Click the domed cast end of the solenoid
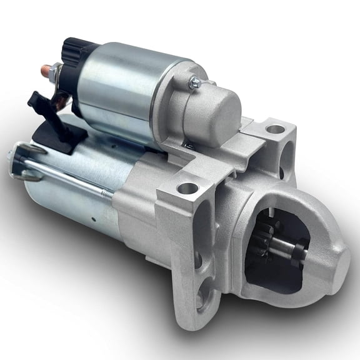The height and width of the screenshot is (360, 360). point(216,109)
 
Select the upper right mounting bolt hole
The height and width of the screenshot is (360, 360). point(275,130)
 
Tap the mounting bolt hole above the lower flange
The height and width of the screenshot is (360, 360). point(186,187)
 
